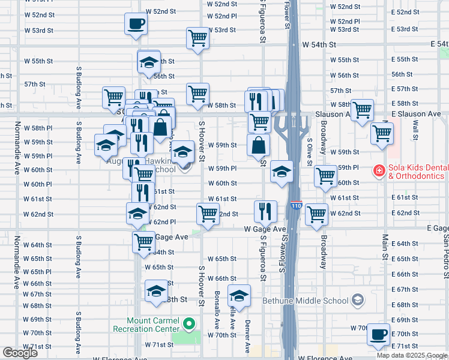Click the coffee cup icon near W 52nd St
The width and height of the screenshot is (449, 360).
[x=136, y=24]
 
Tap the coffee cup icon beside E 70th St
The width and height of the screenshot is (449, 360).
[x=378, y=334]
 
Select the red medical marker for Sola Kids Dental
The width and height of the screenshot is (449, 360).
[x=379, y=172]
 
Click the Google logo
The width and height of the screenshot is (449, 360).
[x=20, y=353]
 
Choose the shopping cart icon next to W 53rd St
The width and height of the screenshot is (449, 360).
[x=197, y=38]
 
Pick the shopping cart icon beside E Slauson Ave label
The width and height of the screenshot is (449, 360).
[x=362, y=110]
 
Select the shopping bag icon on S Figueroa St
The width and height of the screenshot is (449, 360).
[x=258, y=145]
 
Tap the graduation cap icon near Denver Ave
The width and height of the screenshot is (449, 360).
[x=239, y=295]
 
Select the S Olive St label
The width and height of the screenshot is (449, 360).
[x=310, y=153]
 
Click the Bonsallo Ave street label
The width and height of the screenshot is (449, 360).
[x=217, y=310]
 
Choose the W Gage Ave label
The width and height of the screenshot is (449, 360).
[x=265, y=229]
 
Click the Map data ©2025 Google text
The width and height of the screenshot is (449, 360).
[x=411, y=355]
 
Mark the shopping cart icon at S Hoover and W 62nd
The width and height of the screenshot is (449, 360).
[x=208, y=214]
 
